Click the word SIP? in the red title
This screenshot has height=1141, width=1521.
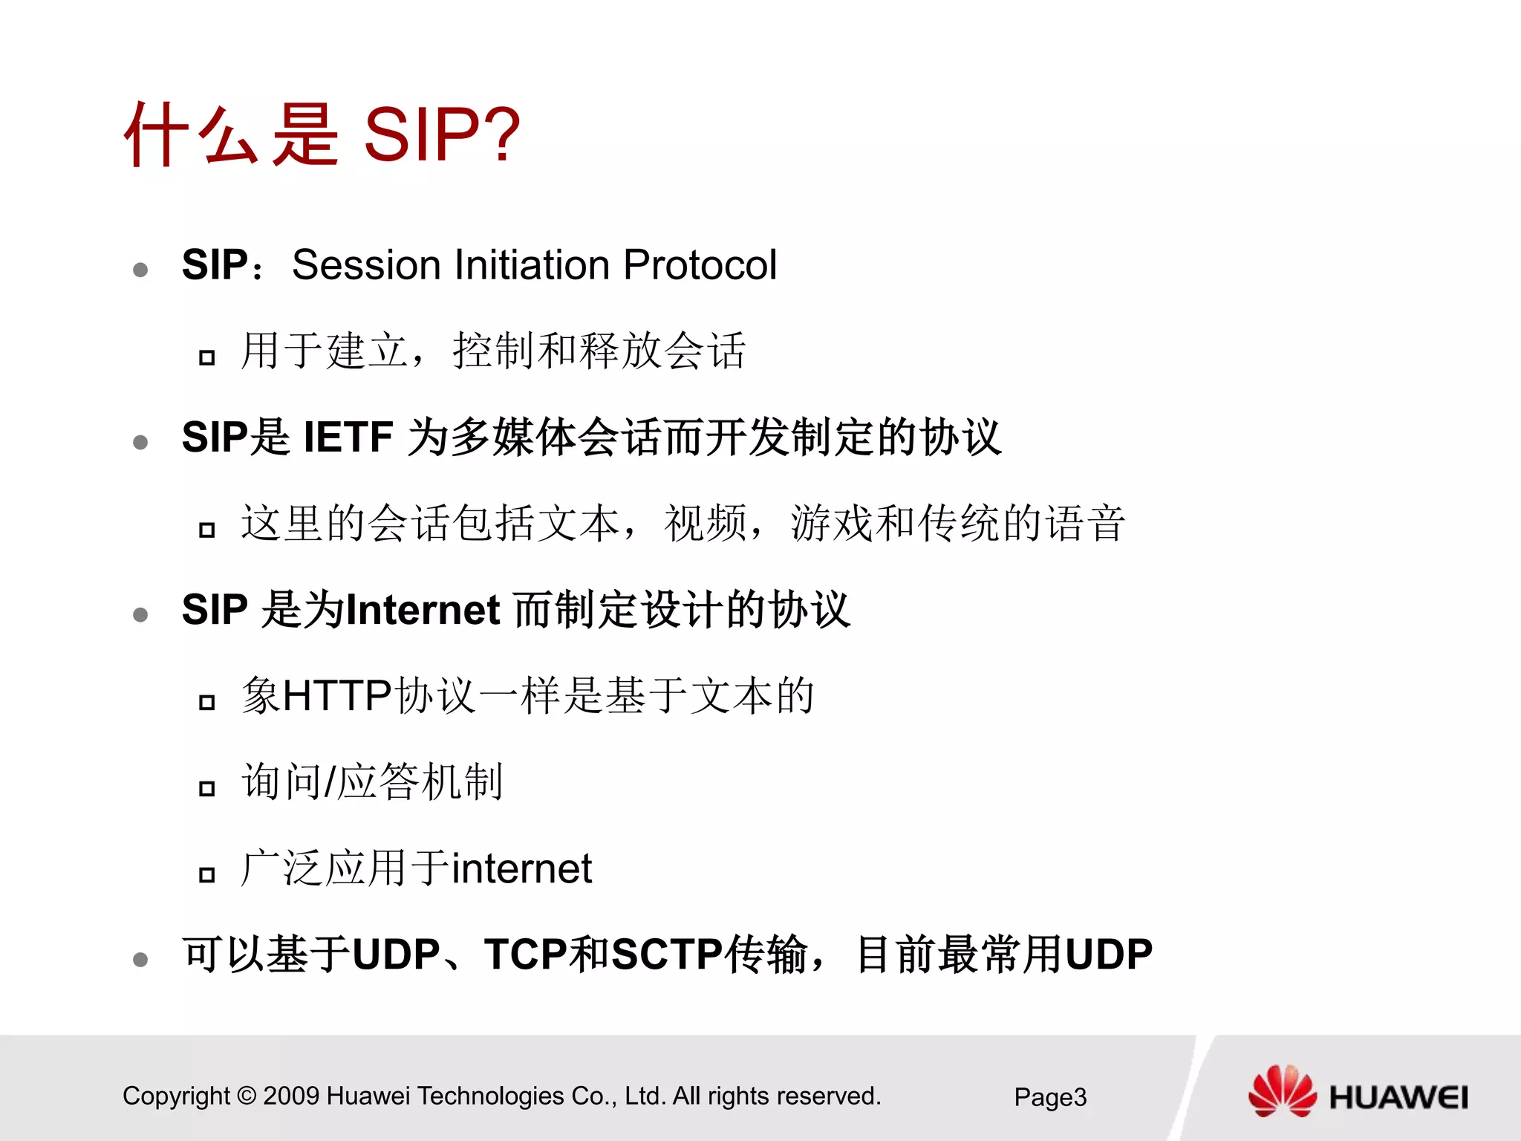pyautogui.click(x=442, y=134)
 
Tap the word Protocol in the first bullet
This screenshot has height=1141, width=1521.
pyautogui.click(x=700, y=264)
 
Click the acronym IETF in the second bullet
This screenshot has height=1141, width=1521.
pyautogui.click(x=348, y=437)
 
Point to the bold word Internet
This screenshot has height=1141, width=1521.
pyautogui.click(x=423, y=610)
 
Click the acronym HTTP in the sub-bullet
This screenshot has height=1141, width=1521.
pyautogui.click(x=337, y=696)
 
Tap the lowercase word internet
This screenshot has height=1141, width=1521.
pyautogui.click(x=521, y=868)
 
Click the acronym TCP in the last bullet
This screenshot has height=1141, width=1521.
pyautogui.click(x=525, y=955)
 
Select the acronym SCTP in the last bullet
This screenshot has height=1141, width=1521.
pyautogui.click(x=666, y=955)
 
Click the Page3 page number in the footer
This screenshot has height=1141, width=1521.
pyautogui.click(x=1050, y=1097)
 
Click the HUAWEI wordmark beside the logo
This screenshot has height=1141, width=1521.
pyautogui.click(x=1398, y=1098)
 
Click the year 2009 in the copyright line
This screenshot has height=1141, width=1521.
pyautogui.click(x=291, y=1096)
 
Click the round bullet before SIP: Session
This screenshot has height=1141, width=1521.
pyautogui.click(x=140, y=270)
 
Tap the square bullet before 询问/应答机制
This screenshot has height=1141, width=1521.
pyautogui.click(x=207, y=788)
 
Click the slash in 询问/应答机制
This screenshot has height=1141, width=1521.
pyautogui.click(x=330, y=783)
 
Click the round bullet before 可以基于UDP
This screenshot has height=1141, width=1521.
pyautogui.click(x=140, y=960)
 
